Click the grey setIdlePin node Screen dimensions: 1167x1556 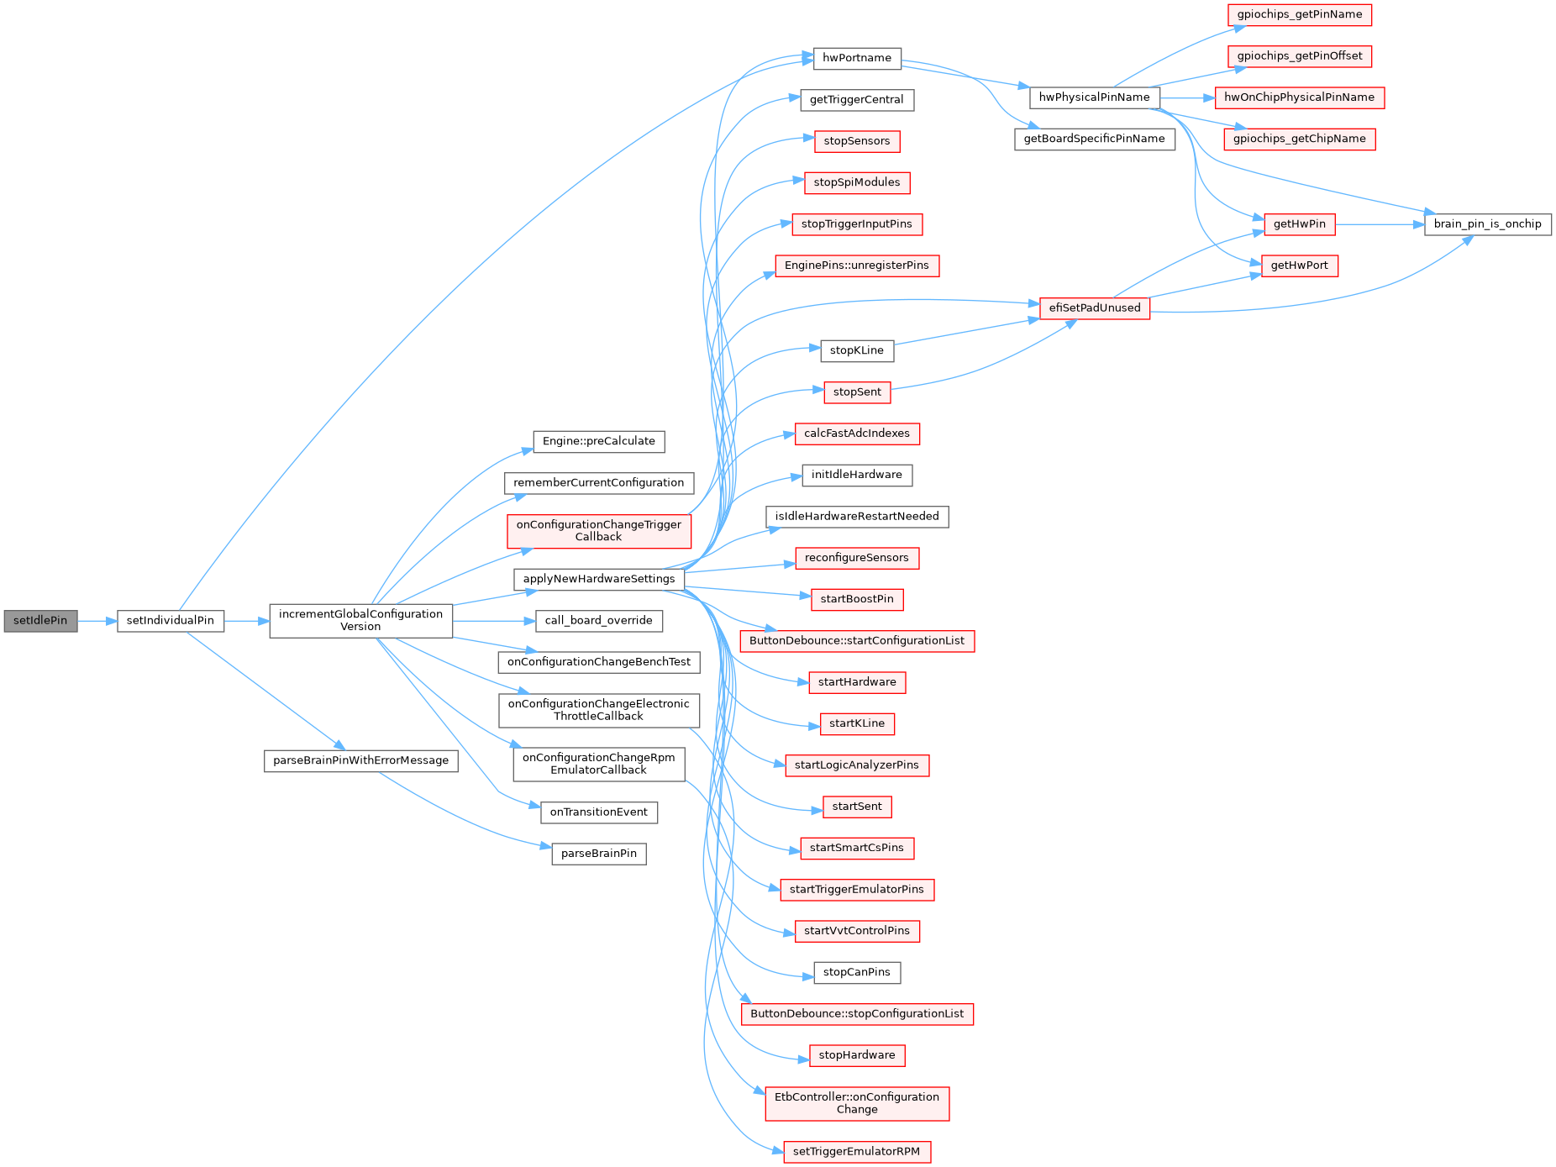(x=40, y=621)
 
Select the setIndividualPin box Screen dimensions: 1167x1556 (x=171, y=621)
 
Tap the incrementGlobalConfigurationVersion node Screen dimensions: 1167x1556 (x=360, y=620)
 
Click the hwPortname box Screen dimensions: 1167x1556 (x=857, y=58)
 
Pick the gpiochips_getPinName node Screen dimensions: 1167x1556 (x=1299, y=14)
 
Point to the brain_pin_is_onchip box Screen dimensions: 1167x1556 (x=1487, y=224)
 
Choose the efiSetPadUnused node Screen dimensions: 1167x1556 (x=1094, y=308)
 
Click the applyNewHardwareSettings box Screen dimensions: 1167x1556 (x=598, y=579)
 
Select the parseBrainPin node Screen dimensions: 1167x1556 (x=598, y=854)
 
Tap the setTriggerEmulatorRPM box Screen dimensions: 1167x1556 (x=856, y=1152)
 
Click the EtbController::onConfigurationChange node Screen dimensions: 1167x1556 (x=856, y=1103)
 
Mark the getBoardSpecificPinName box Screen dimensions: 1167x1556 (x=1094, y=139)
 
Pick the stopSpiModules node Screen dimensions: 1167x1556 (x=856, y=182)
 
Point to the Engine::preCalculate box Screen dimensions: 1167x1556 (x=598, y=441)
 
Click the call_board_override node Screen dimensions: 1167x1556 (x=598, y=621)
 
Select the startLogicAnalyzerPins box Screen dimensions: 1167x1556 (x=856, y=765)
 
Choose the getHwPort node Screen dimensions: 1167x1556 (x=1299, y=265)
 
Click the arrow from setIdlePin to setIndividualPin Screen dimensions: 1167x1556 (x=97, y=621)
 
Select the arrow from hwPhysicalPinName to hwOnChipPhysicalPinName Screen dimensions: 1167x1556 (x=1187, y=97)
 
